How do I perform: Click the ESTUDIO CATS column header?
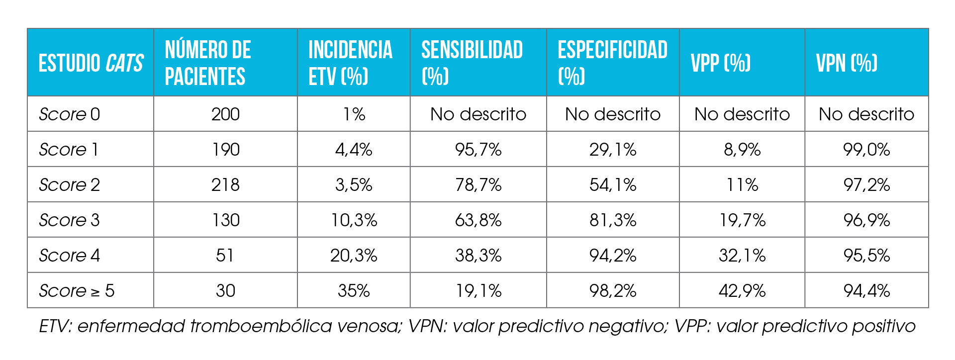click(x=91, y=63)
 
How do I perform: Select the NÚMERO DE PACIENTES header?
click(x=208, y=63)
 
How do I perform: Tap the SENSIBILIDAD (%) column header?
click(x=472, y=63)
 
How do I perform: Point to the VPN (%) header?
click(x=847, y=63)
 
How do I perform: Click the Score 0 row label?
click(x=70, y=114)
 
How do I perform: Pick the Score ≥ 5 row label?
click(x=77, y=291)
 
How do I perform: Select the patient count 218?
click(x=225, y=185)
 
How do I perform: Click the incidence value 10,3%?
click(x=354, y=220)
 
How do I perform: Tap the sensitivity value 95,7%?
click(x=478, y=150)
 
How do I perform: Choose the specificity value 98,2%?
click(x=613, y=291)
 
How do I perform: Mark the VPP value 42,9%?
click(x=742, y=291)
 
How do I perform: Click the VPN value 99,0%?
click(x=866, y=150)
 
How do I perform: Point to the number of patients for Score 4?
click(x=225, y=256)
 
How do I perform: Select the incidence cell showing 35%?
click(x=354, y=291)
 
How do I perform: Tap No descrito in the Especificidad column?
click(x=613, y=114)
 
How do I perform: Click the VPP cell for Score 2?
click(x=742, y=185)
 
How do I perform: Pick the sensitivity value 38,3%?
click(x=478, y=256)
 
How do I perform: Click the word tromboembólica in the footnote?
click(x=261, y=326)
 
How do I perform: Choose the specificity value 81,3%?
click(x=613, y=220)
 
